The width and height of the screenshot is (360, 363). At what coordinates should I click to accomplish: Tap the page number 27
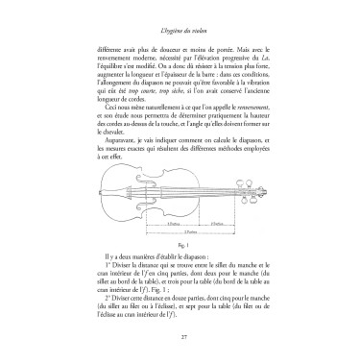pyautogui.click(x=180, y=334)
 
